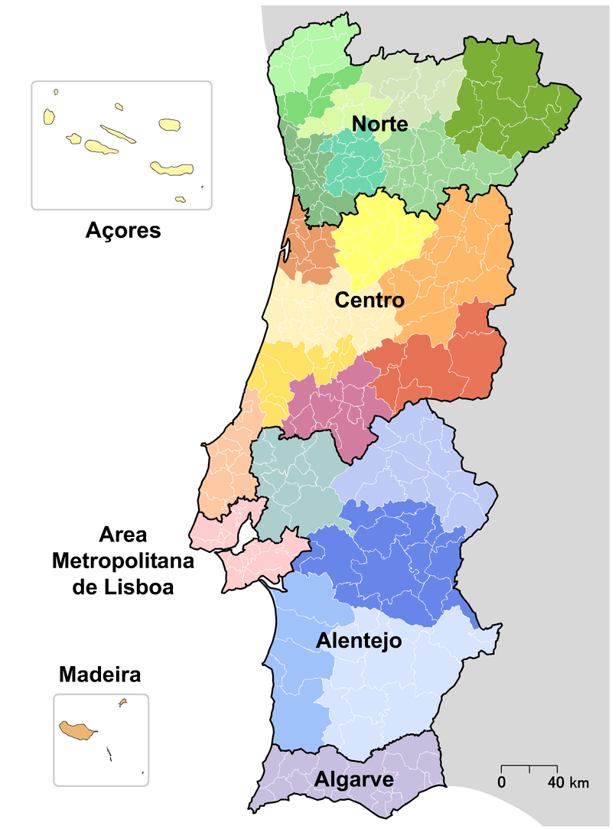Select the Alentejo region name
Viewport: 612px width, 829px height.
click(359, 641)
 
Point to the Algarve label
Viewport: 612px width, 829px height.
click(353, 780)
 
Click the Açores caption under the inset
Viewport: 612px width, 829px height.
click(122, 230)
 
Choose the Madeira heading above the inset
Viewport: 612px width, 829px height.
click(99, 676)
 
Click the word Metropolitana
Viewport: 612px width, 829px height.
click(122, 561)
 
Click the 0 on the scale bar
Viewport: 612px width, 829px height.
click(502, 783)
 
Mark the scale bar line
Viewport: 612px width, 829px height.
click(529, 766)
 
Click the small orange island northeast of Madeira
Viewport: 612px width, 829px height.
click(122, 702)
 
